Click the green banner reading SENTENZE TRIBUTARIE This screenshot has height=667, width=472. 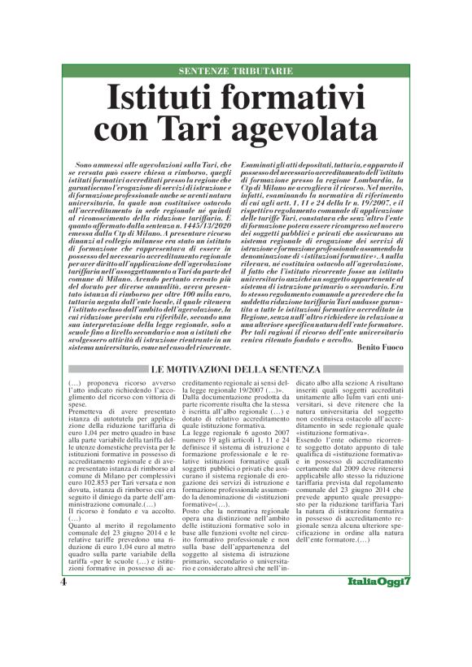[x=235, y=71]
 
